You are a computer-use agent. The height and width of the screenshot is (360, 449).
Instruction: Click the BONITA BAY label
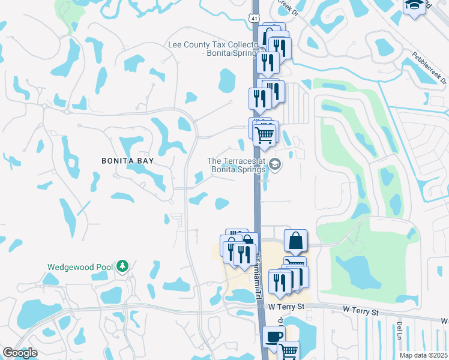point(127,161)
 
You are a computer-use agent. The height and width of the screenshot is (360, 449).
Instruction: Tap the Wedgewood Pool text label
point(77,266)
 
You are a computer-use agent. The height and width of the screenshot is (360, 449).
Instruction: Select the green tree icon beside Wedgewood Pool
point(122,265)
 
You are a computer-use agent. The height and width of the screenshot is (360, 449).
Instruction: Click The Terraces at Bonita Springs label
point(237,165)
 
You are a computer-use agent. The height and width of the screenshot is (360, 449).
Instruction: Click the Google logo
point(20,353)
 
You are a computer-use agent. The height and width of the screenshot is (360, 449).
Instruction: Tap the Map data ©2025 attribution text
point(423,355)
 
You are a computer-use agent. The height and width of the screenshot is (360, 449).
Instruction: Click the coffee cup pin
point(274,338)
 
